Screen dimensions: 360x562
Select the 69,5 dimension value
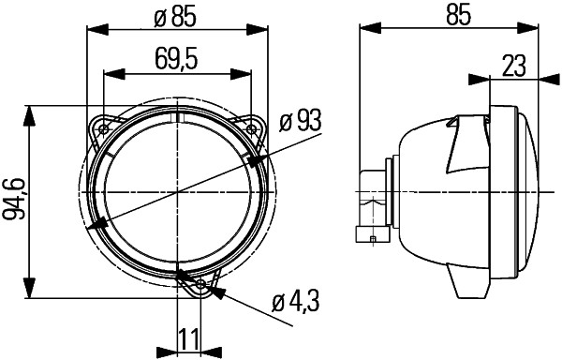tap(176, 61)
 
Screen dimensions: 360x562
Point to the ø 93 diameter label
tap(302, 120)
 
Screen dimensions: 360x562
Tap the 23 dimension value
tap(512, 66)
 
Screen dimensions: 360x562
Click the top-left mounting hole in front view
tap(104, 127)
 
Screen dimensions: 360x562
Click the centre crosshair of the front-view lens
tap(178, 192)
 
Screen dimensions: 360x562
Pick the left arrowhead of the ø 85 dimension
tap(92, 28)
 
